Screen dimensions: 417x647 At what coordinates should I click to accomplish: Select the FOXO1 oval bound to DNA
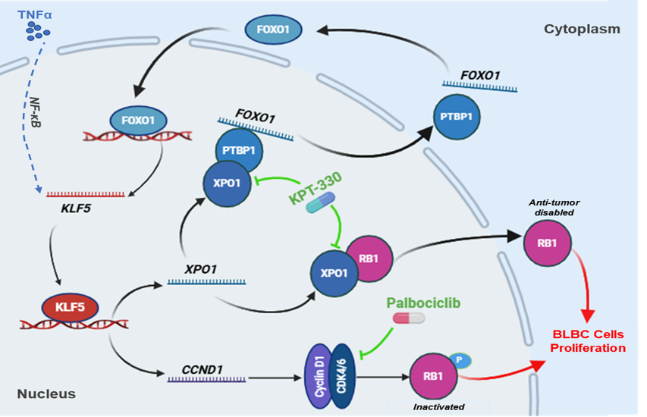(x=138, y=119)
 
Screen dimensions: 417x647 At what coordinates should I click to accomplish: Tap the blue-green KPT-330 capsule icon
(x=320, y=204)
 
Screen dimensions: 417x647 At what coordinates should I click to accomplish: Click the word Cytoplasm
(x=582, y=29)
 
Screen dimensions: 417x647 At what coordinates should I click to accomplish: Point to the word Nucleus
(x=46, y=393)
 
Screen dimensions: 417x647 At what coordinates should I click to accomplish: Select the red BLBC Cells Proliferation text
(x=589, y=341)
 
